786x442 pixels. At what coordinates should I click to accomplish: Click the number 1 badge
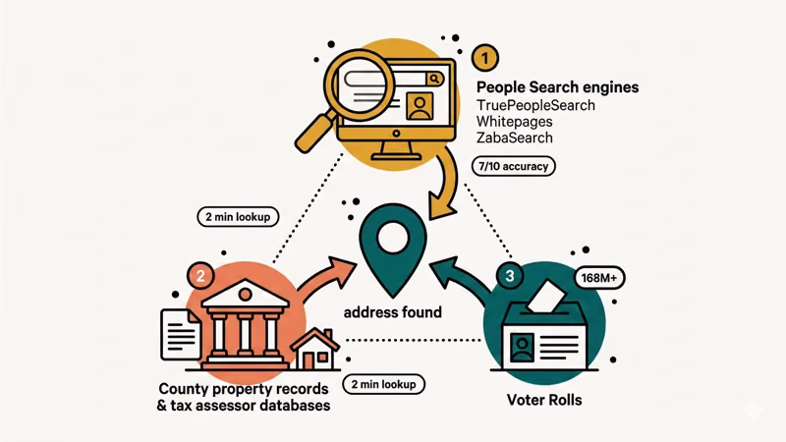485,57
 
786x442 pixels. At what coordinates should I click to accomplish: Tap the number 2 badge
200,277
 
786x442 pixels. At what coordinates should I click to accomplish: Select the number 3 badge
509,277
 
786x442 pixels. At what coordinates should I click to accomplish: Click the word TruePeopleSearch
535,105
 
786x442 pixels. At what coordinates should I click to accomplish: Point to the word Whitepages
515,121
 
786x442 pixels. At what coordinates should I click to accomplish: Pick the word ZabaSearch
514,138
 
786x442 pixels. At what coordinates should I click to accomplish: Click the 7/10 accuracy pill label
512,167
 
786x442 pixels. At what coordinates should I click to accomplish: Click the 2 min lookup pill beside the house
383,384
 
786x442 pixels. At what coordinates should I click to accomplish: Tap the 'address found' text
392,312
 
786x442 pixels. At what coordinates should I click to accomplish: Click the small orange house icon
315,346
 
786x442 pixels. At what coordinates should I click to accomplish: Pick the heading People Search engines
557,87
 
